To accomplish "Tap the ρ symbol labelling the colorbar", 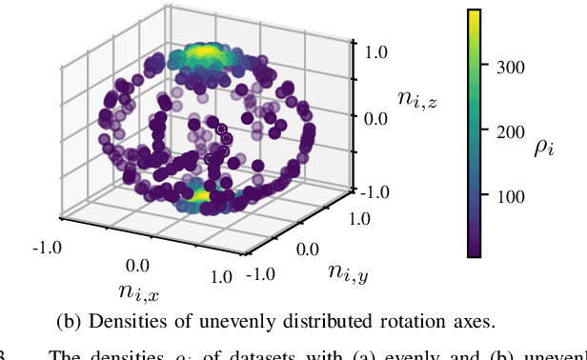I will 546,148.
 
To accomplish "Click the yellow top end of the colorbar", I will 475,15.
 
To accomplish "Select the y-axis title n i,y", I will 351,272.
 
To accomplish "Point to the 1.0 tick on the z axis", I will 374,50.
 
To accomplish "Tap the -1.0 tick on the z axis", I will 372,190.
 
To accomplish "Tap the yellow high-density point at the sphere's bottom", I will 202,195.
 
